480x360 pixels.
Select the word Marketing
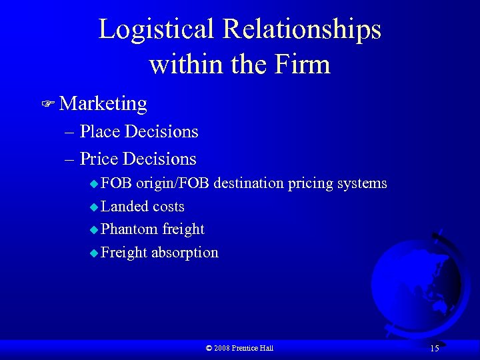tap(103, 103)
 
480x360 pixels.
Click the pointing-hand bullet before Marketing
tap(47, 104)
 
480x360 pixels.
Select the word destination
tap(252, 183)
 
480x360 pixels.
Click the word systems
tap(363, 183)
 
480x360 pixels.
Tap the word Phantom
tap(129, 229)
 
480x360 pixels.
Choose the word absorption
tap(185, 252)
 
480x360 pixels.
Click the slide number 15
tap(434, 348)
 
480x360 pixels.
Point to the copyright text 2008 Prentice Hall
tap(240, 348)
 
